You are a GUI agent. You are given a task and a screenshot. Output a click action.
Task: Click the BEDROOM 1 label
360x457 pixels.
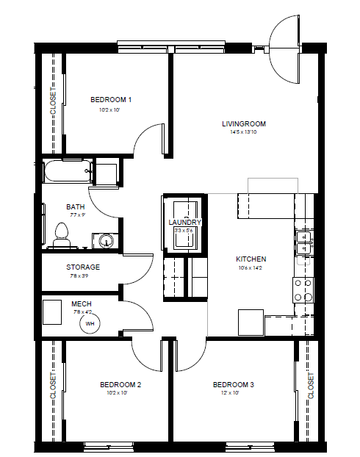click(110, 99)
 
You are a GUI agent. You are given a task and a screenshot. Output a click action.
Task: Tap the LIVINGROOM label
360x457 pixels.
click(243, 123)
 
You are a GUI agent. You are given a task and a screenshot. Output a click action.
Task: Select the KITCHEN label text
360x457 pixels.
click(251, 259)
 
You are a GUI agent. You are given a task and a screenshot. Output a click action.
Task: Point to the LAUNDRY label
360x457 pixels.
click(184, 222)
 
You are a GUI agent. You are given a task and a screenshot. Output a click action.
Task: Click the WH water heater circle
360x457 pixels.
click(90, 323)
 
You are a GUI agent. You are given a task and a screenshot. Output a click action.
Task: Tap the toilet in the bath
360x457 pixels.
click(62, 234)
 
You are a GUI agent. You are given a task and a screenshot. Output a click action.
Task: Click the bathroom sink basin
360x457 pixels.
click(107, 241)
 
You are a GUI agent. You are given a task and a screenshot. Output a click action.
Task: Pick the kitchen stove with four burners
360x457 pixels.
click(303, 290)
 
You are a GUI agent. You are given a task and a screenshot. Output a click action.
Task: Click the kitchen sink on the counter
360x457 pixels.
click(303, 242)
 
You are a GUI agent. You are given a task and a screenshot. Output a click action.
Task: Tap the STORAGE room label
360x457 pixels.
click(83, 267)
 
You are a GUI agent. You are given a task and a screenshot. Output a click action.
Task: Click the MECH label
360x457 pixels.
click(81, 303)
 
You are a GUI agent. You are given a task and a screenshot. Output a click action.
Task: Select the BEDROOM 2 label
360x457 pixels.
click(120, 384)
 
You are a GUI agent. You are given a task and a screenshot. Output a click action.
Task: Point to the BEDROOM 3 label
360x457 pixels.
click(233, 384)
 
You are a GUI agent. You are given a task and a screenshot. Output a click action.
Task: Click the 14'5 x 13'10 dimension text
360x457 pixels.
click(243, 132)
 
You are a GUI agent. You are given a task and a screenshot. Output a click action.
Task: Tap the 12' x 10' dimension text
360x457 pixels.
click(233, 393)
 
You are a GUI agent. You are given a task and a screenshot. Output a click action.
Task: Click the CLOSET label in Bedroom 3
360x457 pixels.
click(311, 385)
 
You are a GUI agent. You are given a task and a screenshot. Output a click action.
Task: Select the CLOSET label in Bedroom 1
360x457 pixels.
click(52, 101)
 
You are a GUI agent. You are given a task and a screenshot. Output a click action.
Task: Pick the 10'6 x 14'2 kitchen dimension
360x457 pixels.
click(251, 268)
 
